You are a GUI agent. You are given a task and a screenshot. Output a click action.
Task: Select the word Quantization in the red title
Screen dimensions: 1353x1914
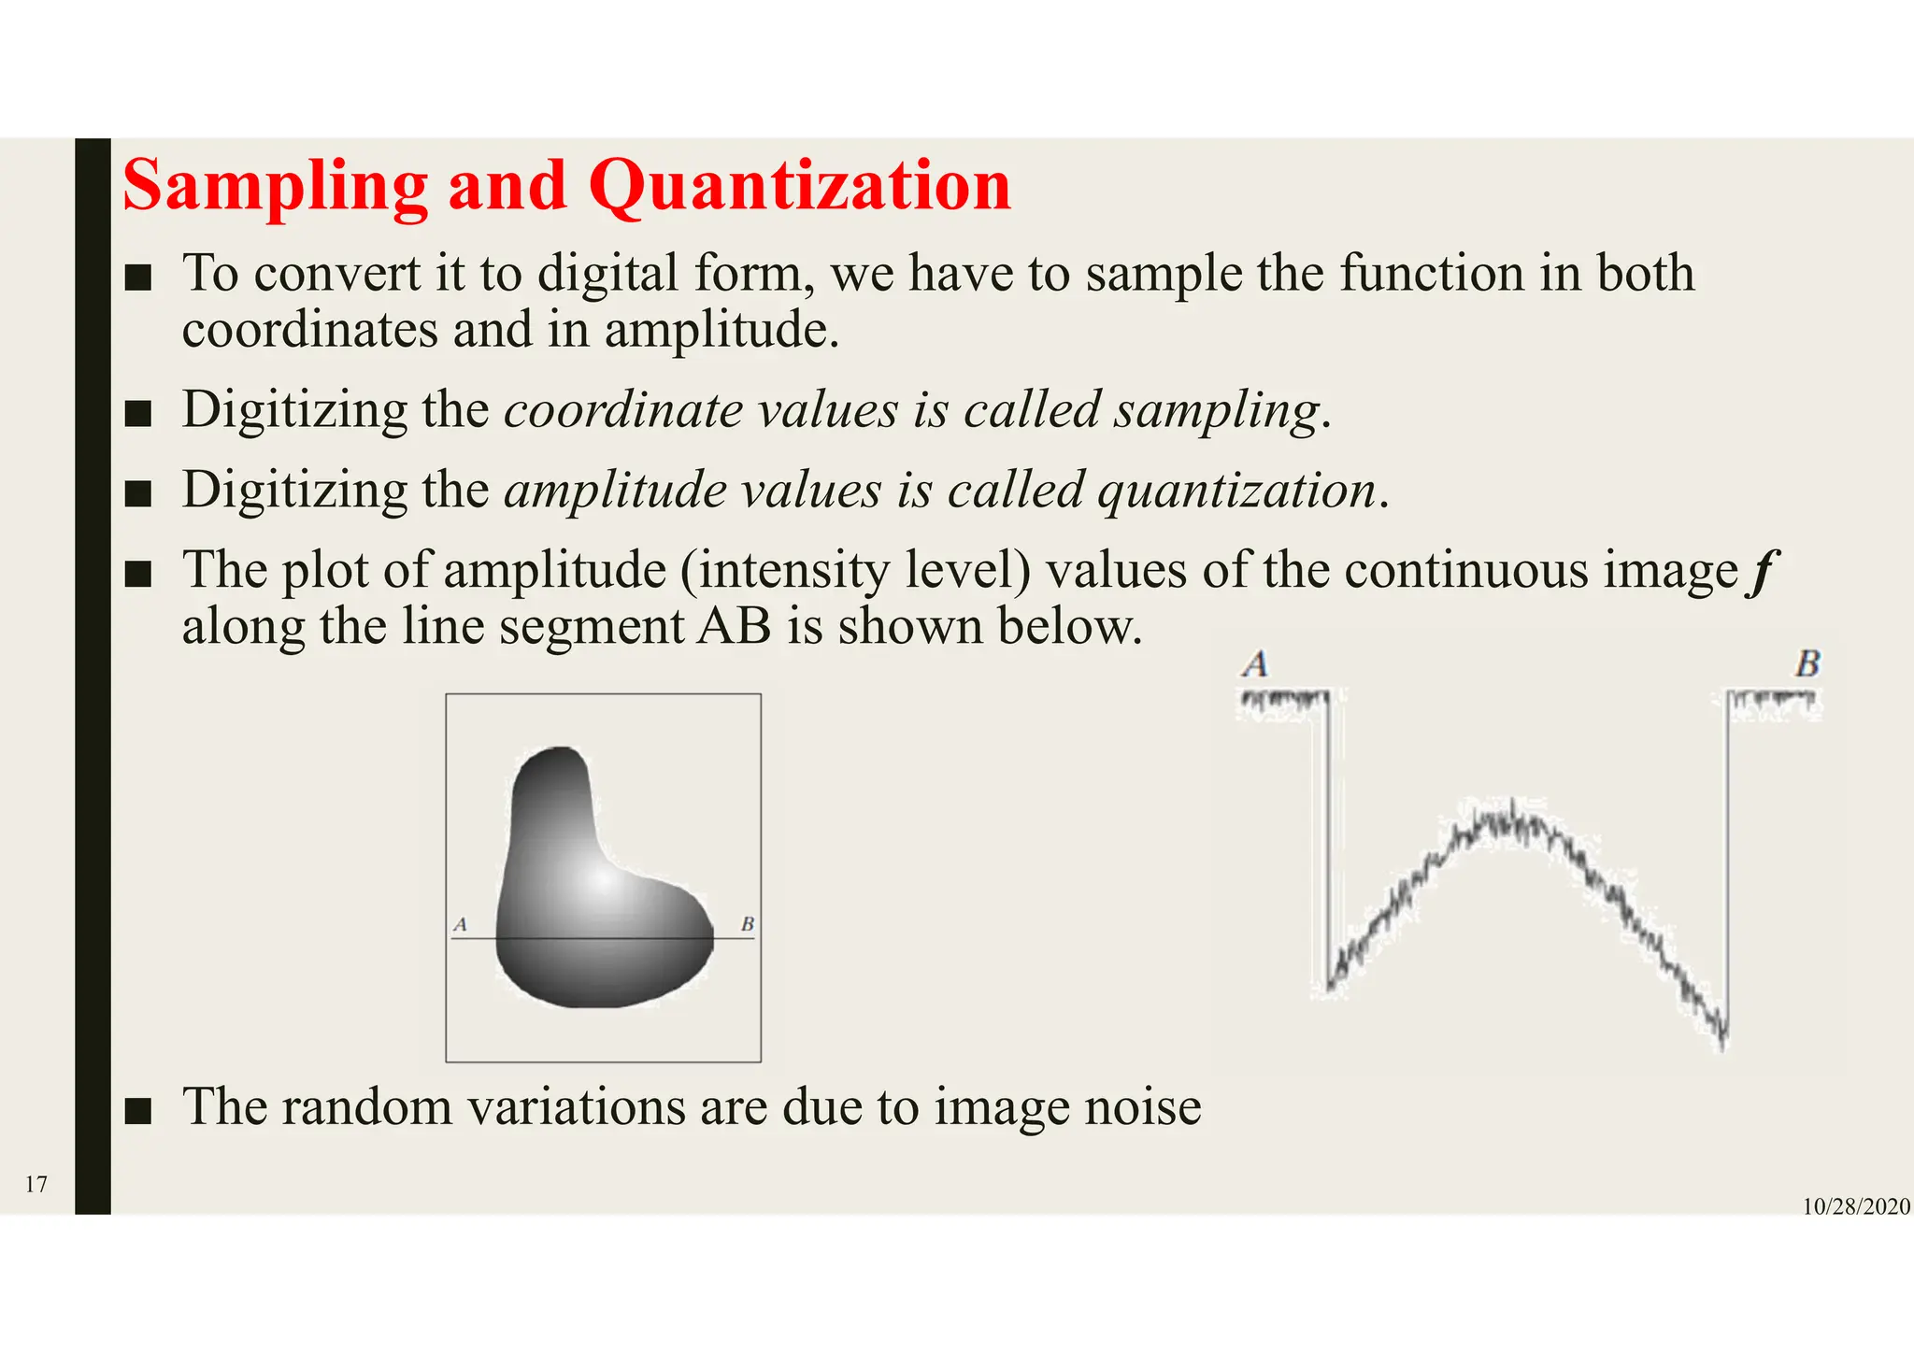pos(799,187)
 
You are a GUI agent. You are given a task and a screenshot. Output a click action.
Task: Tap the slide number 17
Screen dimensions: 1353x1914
pos(36,1185)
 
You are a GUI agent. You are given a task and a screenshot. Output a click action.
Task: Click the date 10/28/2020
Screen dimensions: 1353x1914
pos(1855,1207)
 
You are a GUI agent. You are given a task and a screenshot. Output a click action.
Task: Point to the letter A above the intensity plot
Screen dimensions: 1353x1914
pos(1255,664)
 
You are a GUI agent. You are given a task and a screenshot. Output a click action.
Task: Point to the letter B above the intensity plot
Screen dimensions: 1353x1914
pos(1807,664)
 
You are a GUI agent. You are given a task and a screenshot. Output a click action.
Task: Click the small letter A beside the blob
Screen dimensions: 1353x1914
pos(460,925)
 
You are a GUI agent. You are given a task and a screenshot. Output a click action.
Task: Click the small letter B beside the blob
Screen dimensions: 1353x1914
pos(748,925)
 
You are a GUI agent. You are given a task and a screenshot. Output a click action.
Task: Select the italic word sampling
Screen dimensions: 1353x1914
pos(1215,411)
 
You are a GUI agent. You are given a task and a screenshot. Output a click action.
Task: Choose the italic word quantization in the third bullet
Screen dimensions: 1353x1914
pos(1236,491)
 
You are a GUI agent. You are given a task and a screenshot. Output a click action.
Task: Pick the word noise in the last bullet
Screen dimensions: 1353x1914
pos(1142,1107)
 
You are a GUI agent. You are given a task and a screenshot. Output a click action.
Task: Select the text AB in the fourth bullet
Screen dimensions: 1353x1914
pos(734,626)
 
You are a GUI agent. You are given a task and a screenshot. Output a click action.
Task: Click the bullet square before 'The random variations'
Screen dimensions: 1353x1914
pos(137,1110)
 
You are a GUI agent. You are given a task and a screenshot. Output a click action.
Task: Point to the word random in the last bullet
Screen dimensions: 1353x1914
pos(366,1107)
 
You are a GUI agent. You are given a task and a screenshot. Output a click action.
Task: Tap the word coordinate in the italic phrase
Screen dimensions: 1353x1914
pos(622,411)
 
